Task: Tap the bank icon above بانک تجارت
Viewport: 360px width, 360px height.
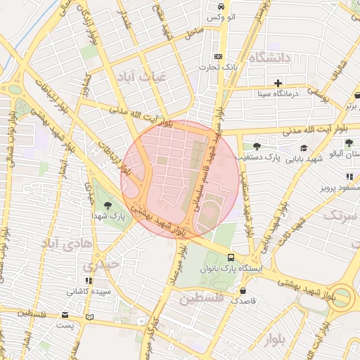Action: tap(218, 56)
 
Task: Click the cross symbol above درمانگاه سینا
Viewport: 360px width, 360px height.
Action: tap(278, 82)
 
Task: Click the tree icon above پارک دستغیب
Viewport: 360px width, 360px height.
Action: tap(257, 147)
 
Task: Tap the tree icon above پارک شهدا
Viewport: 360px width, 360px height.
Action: tap(107, 205)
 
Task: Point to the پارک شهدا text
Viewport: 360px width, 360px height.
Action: tap(108, 217)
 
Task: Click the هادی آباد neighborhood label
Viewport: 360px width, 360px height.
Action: tap(67, 243)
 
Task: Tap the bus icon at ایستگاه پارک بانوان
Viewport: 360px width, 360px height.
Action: tap(232, 257)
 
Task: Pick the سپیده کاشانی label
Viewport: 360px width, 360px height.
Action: tap(88, 290)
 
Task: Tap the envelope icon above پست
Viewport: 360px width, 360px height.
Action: tap(65, 315)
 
